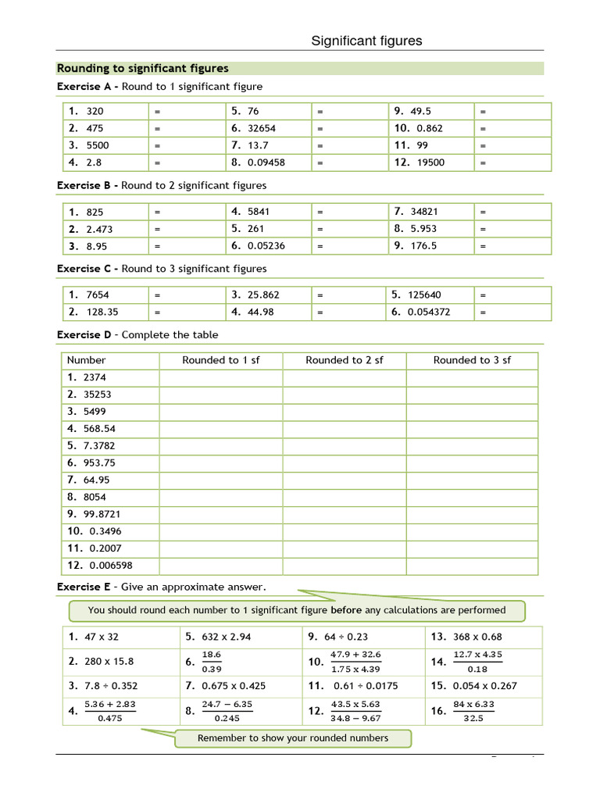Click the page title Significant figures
[366, 41]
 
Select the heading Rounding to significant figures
[143, 69]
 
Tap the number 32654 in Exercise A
[262, 128]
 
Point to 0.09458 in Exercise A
[266, 162]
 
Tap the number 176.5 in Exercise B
[423, 245]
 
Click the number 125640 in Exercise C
[423, 295]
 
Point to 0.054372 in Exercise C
[428, 312]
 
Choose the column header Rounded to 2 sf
[344, 360]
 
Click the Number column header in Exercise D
[86, 360]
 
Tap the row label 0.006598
[111, 566]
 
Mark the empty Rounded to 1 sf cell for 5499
[220, 412]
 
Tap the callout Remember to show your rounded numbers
[292, 738]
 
